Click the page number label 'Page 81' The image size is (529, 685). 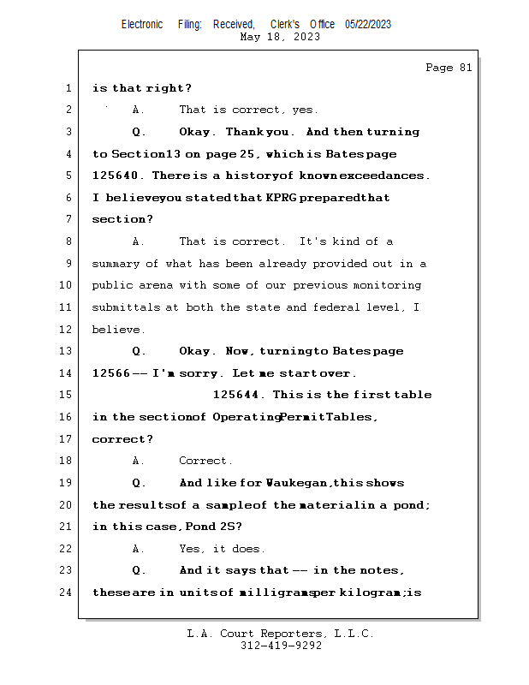tap(449, 68)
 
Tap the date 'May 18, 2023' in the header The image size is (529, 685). tap(281, 37)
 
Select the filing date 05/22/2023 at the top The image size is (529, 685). tap(368, 24)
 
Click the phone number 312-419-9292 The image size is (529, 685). tap(281, 646)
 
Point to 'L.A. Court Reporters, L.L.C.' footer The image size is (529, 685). tap(281, 634)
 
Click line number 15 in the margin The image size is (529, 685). tap(67, 395)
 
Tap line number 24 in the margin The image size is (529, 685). tap(67, 592)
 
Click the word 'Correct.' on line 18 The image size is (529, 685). tap(205, 461)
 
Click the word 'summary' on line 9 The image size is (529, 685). tap(115, 264)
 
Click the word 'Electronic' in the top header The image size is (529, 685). tap(142, 24)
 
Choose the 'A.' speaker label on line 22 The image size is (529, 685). tap(139, 549)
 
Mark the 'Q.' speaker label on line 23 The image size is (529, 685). tap(139, 570)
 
